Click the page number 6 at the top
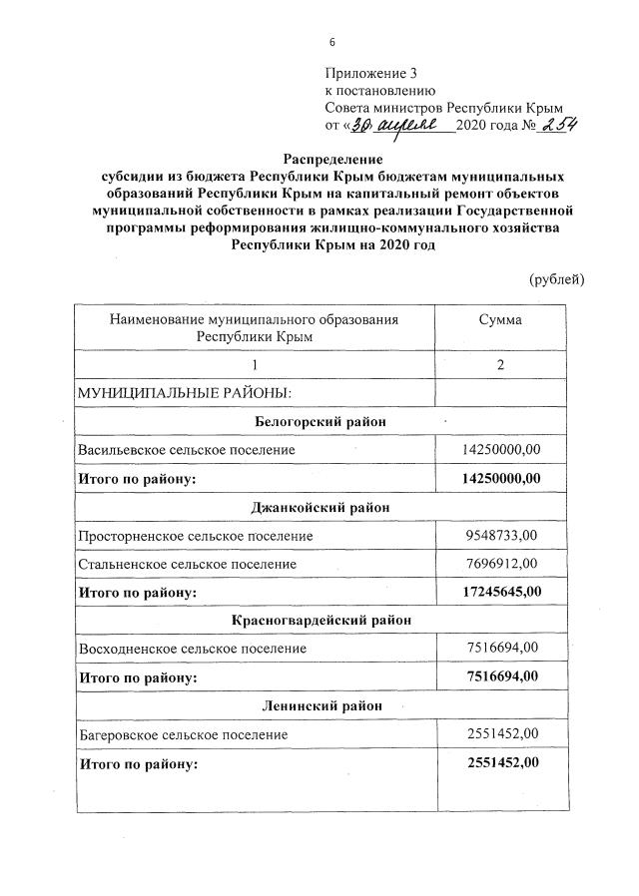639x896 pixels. pyautogui.click(x=332, y=41)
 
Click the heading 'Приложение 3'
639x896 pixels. pyautogui.click(x=367, y=73)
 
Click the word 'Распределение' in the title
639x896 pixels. pyautogui.click(x=332, y=158)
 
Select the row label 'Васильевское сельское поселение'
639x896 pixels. pyautogui.click(x=187, y=450)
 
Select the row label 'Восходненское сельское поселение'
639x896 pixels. pyautogui.click(x=192, y=649)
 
